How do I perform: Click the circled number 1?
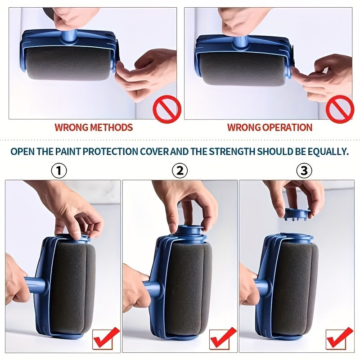[59, 171]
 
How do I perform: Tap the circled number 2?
[180, 171]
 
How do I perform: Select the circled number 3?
[304, 171]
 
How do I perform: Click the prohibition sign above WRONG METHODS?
[167, 110]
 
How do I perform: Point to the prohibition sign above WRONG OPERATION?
[340, 110]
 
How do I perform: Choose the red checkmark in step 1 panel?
[106, 338]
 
